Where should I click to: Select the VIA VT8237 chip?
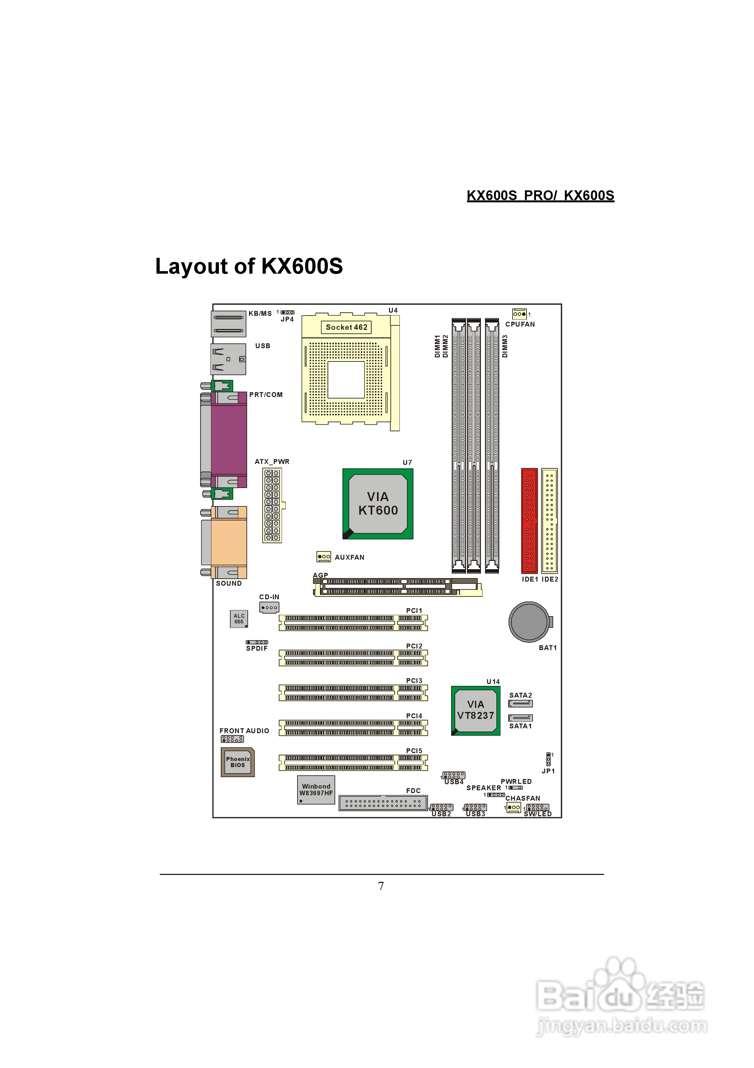[476, 710]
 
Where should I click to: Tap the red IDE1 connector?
[529, 520]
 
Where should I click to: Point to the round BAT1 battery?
[529, 622]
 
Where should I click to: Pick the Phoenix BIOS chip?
[238, 762]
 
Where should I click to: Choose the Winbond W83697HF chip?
[316, 789]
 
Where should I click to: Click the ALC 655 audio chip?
[239, 619]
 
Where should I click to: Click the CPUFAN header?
[519, 314]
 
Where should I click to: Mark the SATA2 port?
[520, 704]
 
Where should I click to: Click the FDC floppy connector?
[383, 802]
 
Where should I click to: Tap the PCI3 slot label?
[414, 681]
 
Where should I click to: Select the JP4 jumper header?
[287, 312]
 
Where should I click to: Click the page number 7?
[381, 886]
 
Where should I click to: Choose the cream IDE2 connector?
[549, 520]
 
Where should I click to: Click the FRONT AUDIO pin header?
[232, 739]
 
